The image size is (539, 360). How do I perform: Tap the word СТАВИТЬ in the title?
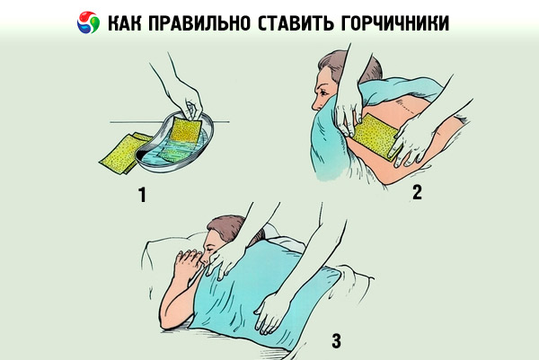click(x=296, y=23)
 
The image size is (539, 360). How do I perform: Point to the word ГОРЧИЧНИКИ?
click(x=395, y=23)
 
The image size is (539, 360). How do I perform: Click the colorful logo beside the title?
click(x=88, y=22)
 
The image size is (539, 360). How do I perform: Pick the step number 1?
click(x=142, y=195)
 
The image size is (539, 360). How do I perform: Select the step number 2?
click(x=417, y=192)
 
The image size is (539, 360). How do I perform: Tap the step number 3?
click(x=336, y=341)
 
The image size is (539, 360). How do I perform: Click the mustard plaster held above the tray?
click(x=186, y=129)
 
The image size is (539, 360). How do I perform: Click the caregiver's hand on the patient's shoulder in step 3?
click(x=223, y=261)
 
